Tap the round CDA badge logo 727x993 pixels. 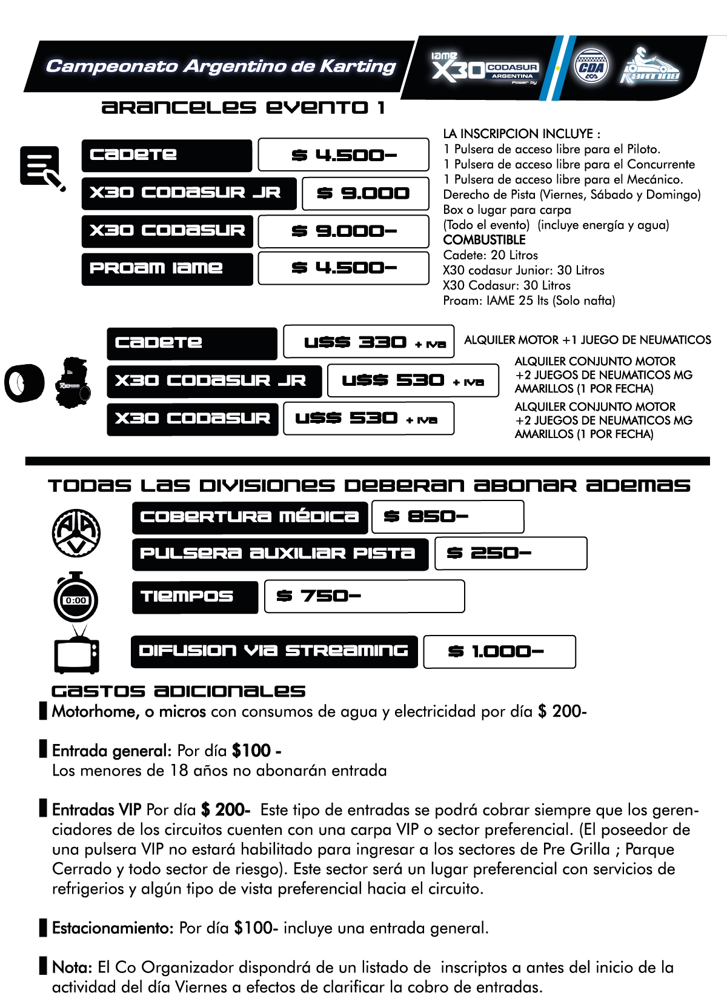591,67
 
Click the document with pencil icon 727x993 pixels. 42,167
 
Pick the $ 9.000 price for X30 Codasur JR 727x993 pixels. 365,193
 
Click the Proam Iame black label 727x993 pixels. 167,268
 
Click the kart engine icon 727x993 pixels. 73,382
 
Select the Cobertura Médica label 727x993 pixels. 250,517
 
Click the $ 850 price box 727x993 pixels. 447,517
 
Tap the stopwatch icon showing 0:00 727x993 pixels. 76,597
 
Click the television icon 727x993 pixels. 76,653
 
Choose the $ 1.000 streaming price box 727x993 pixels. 499,652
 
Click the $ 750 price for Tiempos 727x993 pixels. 364,596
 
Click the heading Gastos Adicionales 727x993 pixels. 178,691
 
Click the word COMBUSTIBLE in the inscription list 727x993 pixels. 484,240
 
